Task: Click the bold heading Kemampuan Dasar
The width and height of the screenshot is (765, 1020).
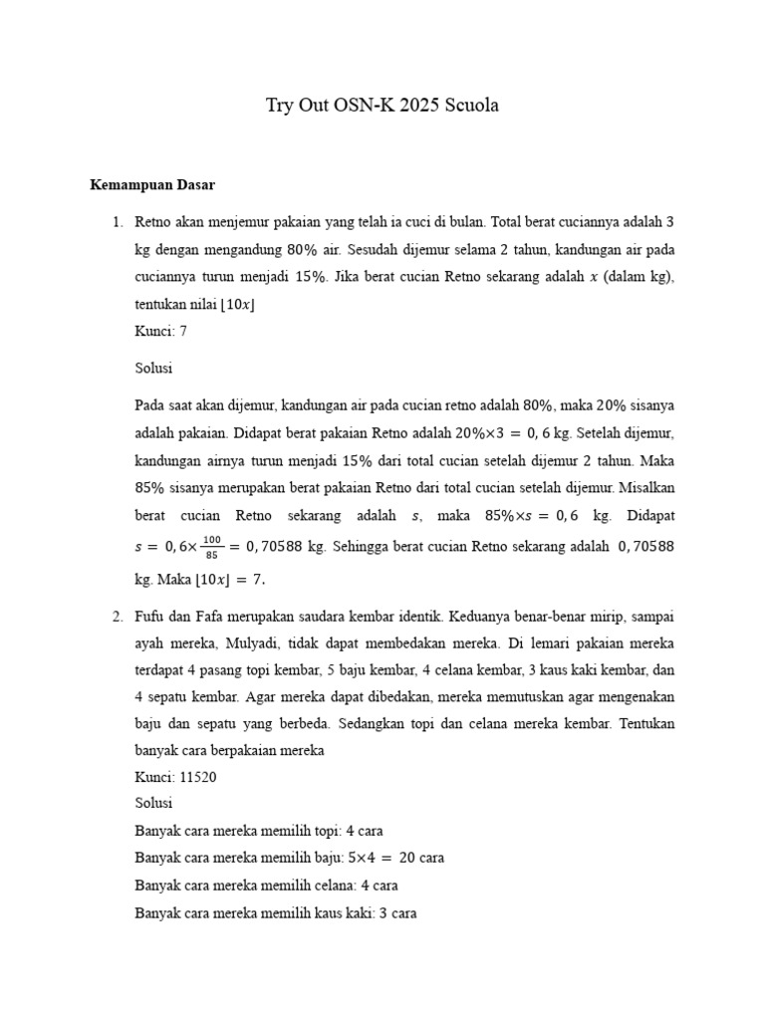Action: coord(152,185)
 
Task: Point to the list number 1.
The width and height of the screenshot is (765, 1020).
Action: coord(117,220)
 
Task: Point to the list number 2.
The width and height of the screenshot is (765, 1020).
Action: coord(117,618)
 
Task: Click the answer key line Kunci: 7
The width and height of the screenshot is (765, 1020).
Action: coord(160,332)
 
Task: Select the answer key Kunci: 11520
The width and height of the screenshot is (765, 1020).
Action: coord(175,777)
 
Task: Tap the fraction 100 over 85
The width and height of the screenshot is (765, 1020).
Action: coord(210,546)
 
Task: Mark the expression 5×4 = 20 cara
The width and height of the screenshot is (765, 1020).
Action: coord(395,857)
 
